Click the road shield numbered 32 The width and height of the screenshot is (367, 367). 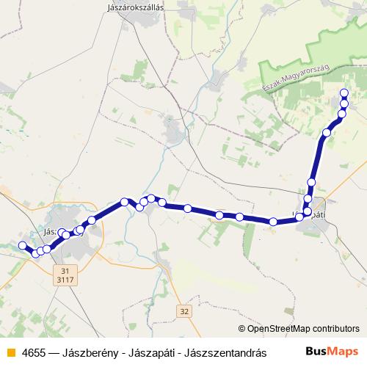click(x=183, y=312)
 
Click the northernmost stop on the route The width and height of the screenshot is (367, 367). click(x=344, y=92)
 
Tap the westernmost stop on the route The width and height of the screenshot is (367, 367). click(x=23, y=245)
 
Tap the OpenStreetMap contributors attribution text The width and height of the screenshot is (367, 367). click(x=304, y=329)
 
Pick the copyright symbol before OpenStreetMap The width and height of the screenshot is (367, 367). click(x=243, y=329)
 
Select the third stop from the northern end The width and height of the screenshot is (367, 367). click(x=341, y=114)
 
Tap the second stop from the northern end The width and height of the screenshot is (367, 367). click(x=344, y=103)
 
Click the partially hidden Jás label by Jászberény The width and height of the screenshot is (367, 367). click(x=49, y=230)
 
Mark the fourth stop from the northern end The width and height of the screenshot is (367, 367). click(x=327, y=133)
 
